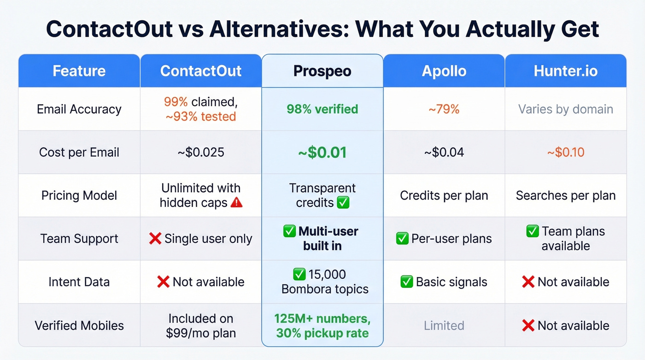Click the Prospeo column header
[322, 71]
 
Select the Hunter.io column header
[565, 71]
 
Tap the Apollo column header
[444, 71]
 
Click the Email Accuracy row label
[79, 109]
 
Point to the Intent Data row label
[79, 282]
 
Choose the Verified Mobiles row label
[79, 325]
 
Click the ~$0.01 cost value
[322, 152]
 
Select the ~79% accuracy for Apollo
[444, 109]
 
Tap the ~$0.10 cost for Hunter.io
[565, 152]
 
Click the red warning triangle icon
[236, 202]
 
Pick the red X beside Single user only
[155, 239]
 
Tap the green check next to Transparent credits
[343, 202]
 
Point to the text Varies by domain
[565, 109]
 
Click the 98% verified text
[322, 109]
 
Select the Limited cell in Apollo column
[444, 325]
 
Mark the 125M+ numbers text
[322, 319]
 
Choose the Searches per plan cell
[565, 195]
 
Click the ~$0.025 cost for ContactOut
[200, 152]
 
